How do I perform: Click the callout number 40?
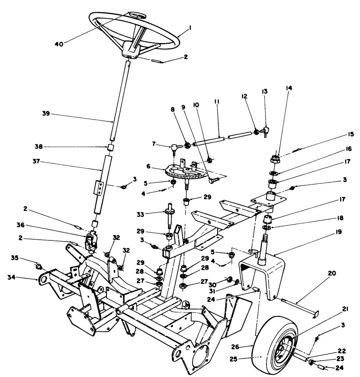59,44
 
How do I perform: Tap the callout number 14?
288,88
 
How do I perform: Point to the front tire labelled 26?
274,344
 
